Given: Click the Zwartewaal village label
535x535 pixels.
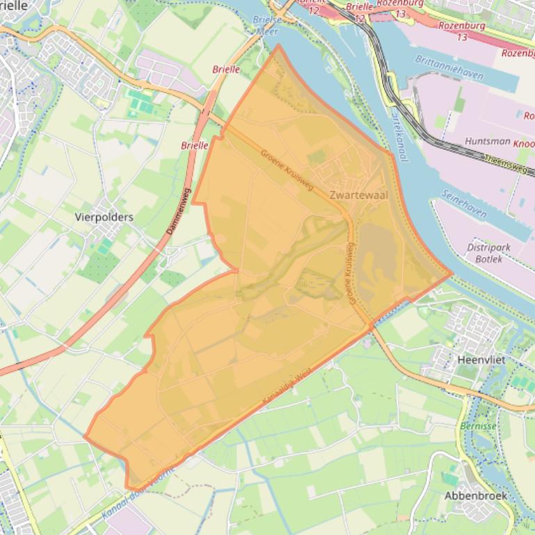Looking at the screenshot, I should (x=359, y=195).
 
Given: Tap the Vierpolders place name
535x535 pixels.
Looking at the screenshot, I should (x=104, y=217).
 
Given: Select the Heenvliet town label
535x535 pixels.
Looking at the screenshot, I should (x=481, y=360).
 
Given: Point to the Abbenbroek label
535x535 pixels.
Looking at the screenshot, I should (x=476, y=496).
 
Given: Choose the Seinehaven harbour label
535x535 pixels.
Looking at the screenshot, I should (x=463, y=203).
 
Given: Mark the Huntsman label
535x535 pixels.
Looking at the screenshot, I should (x=488, y=140).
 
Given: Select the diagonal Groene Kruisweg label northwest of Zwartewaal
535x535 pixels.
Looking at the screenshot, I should (x=287, y=171).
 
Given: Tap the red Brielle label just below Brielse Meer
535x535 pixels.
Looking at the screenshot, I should (x=226, y=69).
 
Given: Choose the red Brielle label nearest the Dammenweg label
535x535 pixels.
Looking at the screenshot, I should (x=195, y=145).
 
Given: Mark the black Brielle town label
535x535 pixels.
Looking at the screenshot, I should (x=14, y=6).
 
